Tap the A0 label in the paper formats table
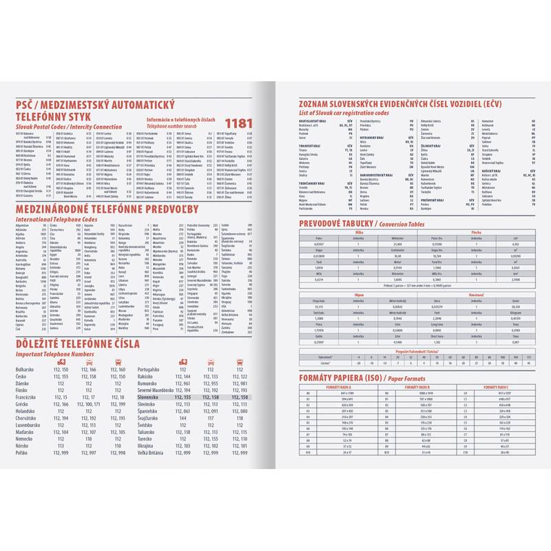(x=308, y=393)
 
